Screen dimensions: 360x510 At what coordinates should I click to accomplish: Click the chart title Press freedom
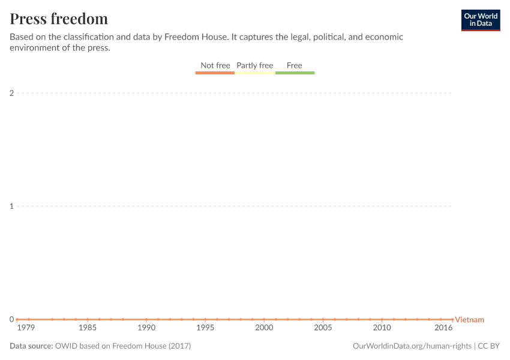59,19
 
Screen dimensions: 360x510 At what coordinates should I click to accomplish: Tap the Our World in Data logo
480,20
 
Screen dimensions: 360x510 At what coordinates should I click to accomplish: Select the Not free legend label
215,65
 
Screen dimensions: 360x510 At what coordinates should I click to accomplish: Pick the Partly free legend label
254,65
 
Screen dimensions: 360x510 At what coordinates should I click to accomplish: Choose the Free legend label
295,65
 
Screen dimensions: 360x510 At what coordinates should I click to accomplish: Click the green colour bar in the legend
295,73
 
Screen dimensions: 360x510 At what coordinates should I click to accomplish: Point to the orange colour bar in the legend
215,73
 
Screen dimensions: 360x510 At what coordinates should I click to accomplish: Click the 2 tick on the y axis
11,93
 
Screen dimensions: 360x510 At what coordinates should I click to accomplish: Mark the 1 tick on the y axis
11,206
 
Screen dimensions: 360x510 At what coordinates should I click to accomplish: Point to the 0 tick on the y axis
11,319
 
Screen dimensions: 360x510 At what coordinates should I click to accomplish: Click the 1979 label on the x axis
26,328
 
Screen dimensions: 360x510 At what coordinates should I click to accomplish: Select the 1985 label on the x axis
88,328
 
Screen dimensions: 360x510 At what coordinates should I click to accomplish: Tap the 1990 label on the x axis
146,328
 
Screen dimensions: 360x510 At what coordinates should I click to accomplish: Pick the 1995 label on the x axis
205,328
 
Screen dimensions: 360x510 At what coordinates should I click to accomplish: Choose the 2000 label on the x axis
264,328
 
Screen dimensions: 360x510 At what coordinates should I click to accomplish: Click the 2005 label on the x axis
323,328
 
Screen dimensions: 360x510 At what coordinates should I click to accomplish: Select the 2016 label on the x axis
443,328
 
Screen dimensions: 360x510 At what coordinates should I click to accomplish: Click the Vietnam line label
469,320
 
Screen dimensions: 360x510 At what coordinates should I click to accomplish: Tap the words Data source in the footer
31,346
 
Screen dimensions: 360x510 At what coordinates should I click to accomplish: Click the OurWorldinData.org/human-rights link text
412,346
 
